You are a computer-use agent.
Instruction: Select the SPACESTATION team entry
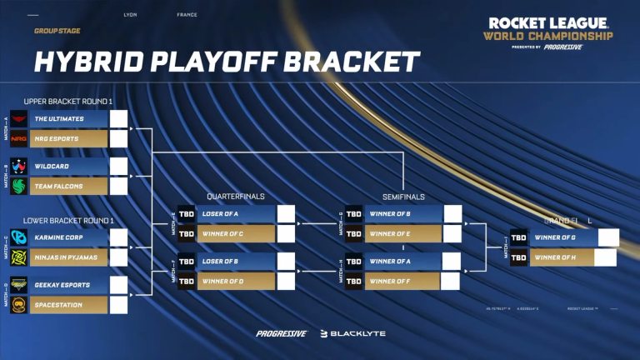54,304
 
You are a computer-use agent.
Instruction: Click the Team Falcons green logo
19,186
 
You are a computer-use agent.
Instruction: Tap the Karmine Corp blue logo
19,237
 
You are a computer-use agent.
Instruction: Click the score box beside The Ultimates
119,119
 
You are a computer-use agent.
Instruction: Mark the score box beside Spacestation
119,304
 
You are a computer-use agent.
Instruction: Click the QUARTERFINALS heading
236,197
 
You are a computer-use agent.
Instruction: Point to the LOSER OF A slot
221,214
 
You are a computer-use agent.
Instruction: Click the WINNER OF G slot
556,237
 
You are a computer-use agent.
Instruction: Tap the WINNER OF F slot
389,281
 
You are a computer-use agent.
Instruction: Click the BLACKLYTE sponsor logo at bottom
353,333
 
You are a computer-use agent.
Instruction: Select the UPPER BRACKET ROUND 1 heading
68,101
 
